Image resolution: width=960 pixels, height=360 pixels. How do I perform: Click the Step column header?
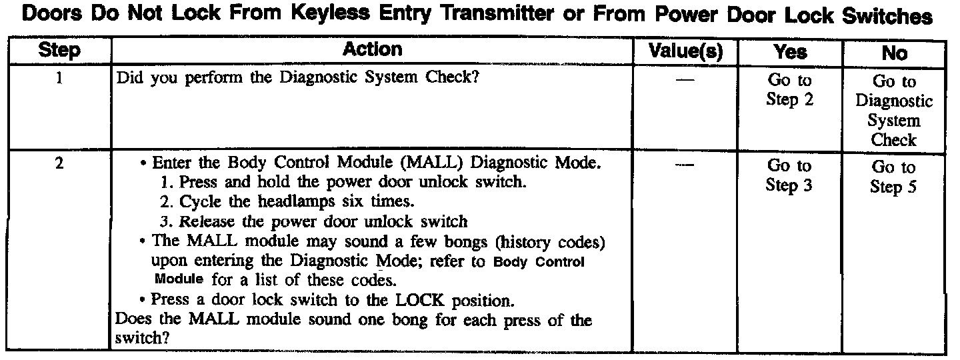[x=60, y=50]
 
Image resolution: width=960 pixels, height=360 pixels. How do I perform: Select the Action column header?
[x=373, y=49]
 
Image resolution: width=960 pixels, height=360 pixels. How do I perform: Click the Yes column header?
[x=790, y=51]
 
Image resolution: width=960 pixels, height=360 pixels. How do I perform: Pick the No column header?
[x=894, y=53]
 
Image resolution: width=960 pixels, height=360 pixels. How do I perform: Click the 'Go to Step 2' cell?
[x=790, y=90]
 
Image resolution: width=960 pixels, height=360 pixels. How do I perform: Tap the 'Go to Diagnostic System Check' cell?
[x=894, y=111]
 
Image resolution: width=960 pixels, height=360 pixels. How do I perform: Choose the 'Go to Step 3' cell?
[x=790, y=175]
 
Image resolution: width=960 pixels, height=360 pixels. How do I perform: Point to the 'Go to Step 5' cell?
[x=894, y=177]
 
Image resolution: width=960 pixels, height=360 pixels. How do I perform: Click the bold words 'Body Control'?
[x=539, y=261]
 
